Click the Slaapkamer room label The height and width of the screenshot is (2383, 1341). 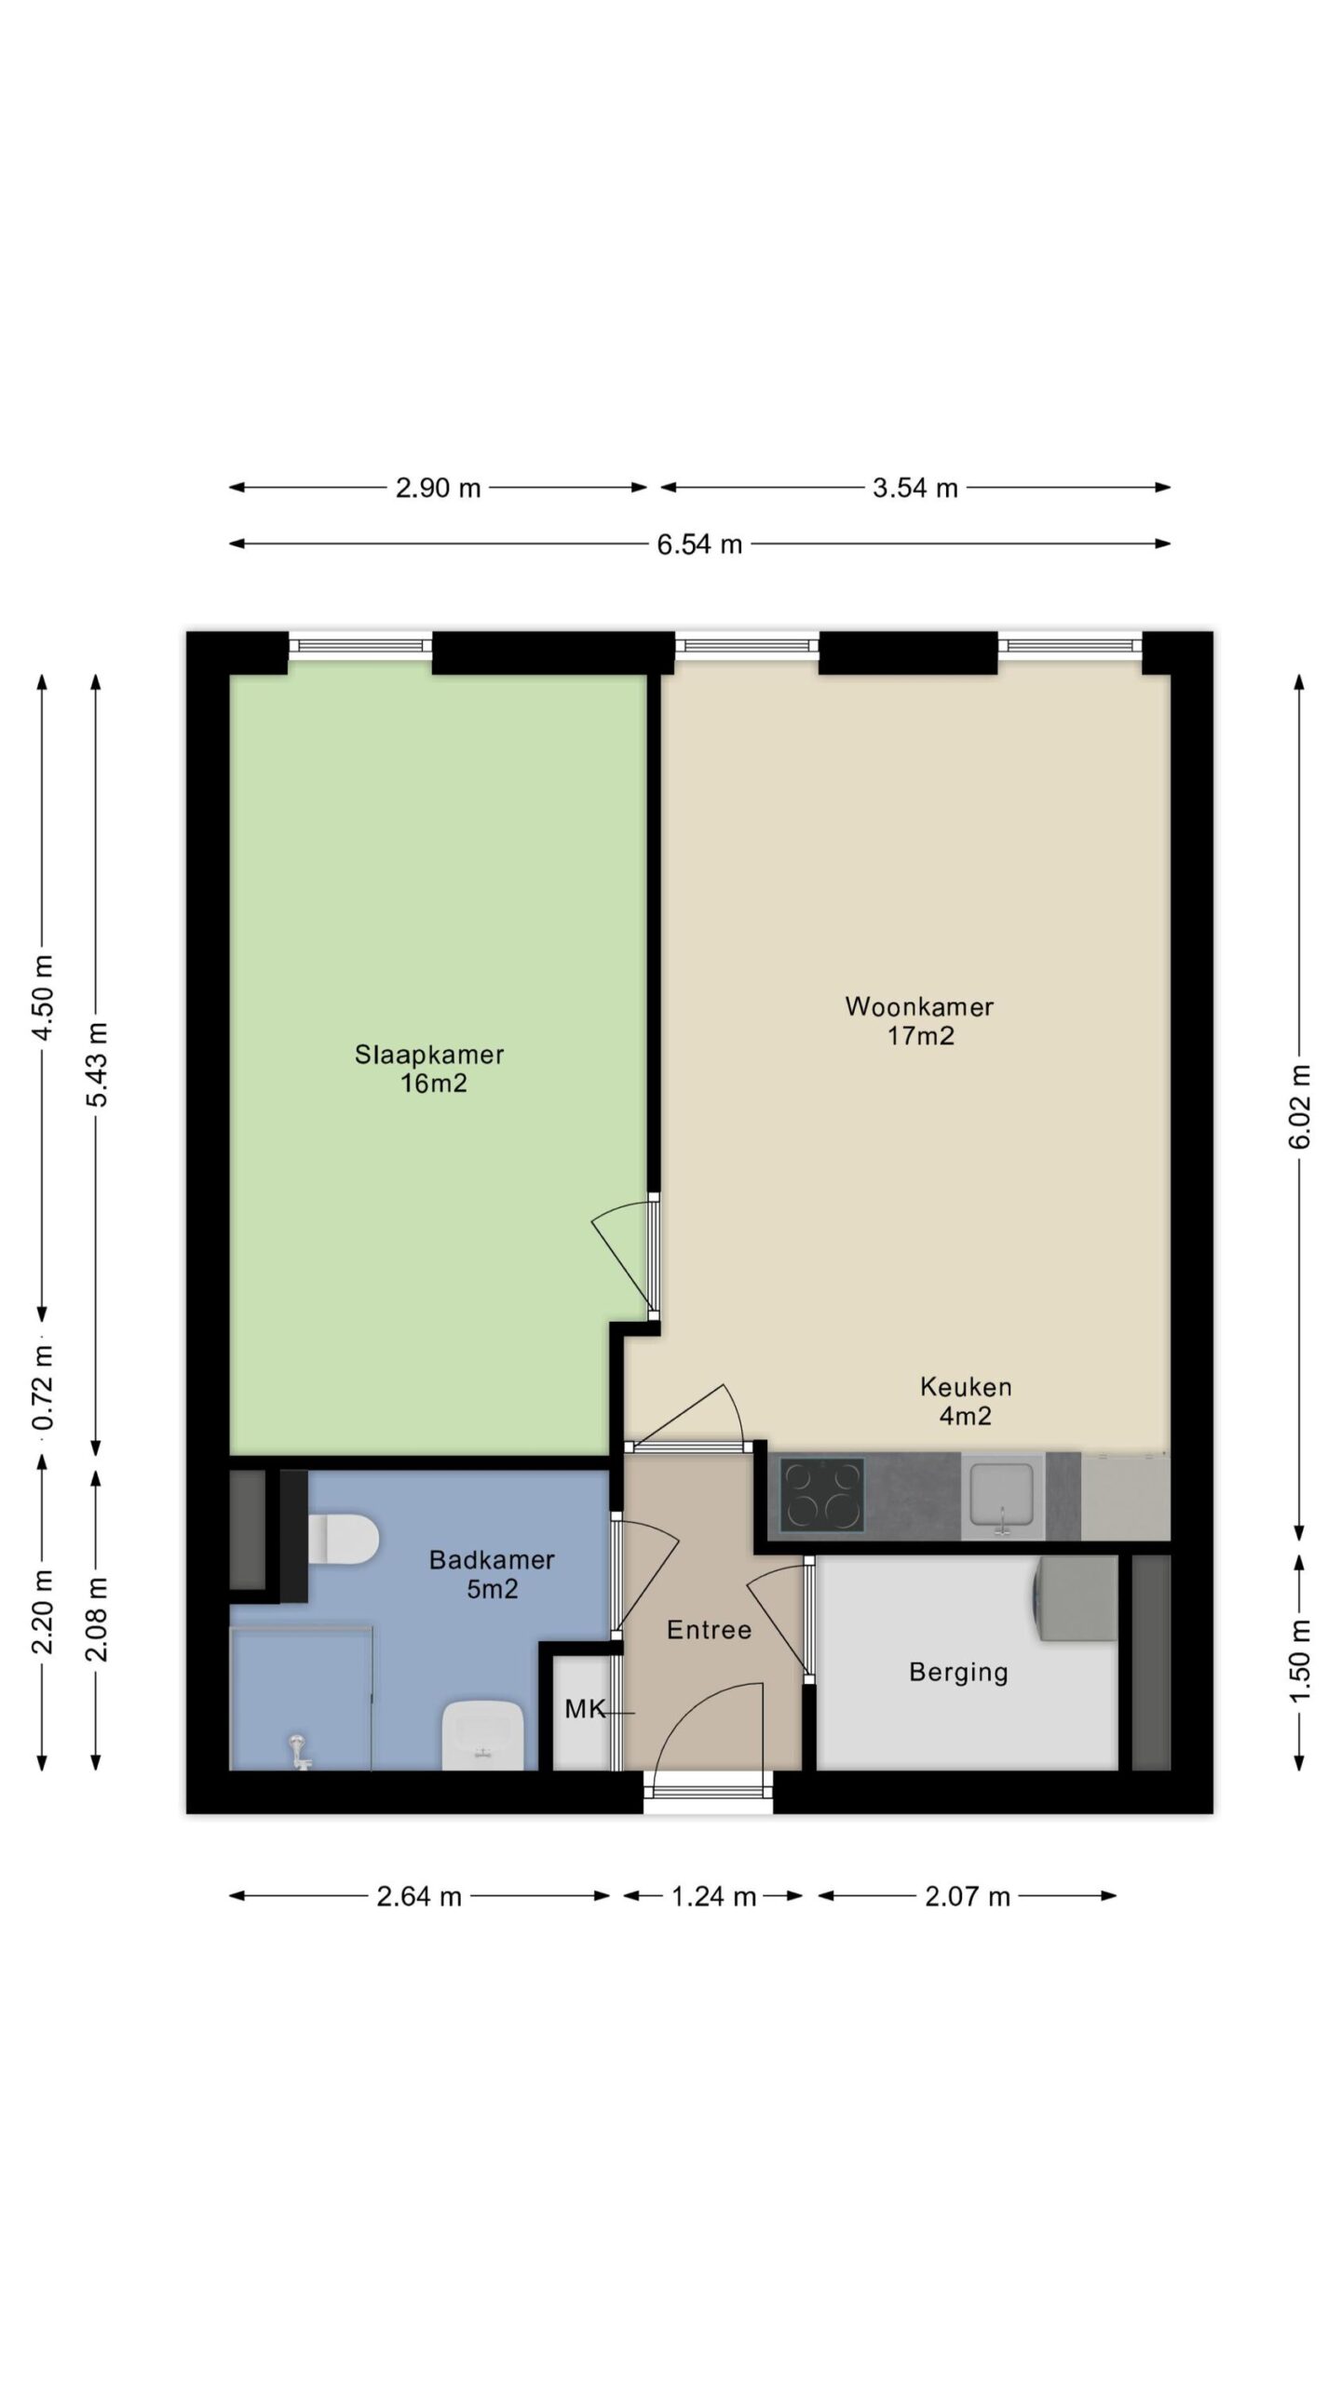(429, 1069)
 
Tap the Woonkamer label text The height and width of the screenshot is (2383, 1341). (919, 1020)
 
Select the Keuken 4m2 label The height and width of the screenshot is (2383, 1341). (966, 1401)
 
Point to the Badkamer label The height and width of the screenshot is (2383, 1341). (492, 1574)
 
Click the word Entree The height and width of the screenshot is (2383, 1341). (709, 1629)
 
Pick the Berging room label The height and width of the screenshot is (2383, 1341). (958, 1673)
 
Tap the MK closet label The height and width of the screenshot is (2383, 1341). (585, 1709)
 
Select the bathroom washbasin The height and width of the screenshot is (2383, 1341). (481, 1734)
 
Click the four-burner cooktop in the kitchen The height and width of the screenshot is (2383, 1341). (821, 1495)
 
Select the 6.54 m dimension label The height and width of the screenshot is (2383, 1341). (699, 545)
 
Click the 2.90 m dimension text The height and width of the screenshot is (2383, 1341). (438, 488)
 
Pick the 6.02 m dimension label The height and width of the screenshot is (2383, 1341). (1300, 1107)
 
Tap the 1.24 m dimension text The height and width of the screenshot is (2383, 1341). (713, 1896)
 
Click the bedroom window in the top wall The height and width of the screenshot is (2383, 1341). (360, 645)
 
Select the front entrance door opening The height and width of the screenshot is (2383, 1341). (708, 1791)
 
